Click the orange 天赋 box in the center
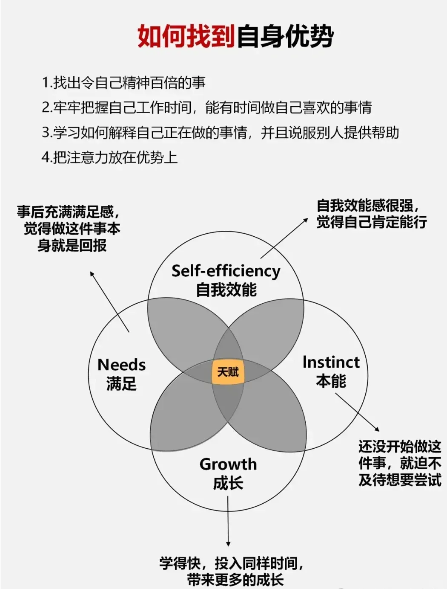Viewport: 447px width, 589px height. [x=228, y=372]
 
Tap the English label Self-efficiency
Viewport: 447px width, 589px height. [x=226, y=271]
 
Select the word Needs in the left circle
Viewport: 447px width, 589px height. [x=121, y=365]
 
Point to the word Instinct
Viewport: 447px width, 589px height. [x=331, y=362]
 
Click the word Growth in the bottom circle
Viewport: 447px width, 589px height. [x=228, y=464]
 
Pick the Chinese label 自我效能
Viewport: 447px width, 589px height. [x=226, y=290]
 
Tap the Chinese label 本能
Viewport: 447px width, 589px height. [x=331, y=381]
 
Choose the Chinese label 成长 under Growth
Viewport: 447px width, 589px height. [x=228, y=483]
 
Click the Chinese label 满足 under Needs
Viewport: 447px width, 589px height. [x=121, y=384]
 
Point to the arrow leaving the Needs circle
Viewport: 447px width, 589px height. [x=109, y=302]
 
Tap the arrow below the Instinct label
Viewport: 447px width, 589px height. [x=357, y=412]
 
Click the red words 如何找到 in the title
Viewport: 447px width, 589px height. [x=186, y=36]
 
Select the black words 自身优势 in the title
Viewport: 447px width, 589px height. [x=285, y=36]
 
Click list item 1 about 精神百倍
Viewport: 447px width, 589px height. [x=123, y=82]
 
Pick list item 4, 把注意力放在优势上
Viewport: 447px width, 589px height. [x=109, y=157]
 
